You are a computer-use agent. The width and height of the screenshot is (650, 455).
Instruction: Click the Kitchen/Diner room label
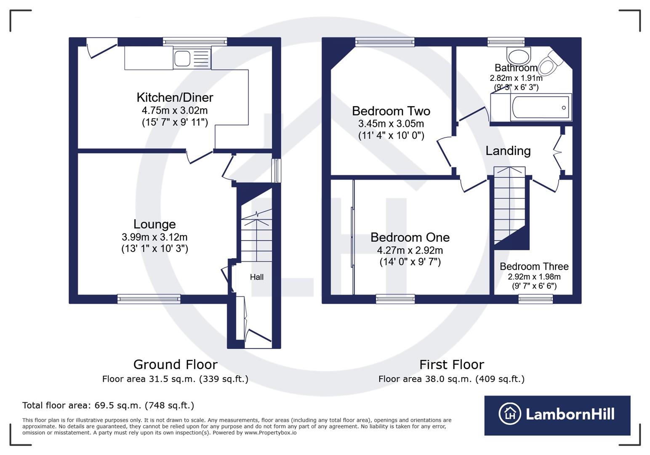click(x=175, y=97)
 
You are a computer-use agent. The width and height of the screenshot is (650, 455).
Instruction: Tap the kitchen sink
click(x=182, y=59)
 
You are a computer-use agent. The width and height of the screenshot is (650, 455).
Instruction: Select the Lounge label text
click(x=155, y=224)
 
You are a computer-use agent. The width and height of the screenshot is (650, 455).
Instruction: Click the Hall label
click(x=256, y=277)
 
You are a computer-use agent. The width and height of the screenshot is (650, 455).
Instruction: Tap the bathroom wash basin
click(x=519, y=56)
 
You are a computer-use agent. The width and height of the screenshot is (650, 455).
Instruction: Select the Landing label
click(x=508, y=151)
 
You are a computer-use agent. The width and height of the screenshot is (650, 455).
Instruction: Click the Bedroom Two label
click(x=391, y=111)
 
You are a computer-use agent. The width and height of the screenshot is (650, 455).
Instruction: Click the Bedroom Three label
click(x=534, y=266)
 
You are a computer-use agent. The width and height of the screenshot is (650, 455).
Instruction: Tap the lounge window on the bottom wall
click(x=149, y=299)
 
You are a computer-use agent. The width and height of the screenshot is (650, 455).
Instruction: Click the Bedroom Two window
click(x=385, y=42)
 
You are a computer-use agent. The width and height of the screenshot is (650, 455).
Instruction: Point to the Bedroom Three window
click(x=535, y=299)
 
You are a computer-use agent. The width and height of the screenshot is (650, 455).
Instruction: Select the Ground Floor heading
click(x=175, y=364)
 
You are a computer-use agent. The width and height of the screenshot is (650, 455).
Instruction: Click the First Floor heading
click(x=451, y=364)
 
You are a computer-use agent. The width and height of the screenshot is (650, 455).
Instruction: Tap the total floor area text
click(x=108, y=405)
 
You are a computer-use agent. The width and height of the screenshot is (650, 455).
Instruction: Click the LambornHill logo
click(x=557, y=415)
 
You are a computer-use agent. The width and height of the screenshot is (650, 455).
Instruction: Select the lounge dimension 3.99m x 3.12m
click(x=155, y=237)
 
